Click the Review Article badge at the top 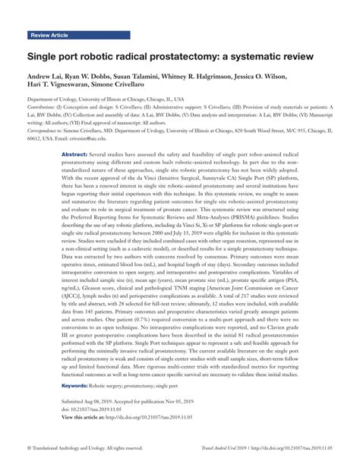pyautogui.click(x=50, y=36)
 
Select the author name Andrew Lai pyautogui.click(x=48, y=78)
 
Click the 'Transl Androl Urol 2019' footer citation pyautogui.click(x=232, y=448)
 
